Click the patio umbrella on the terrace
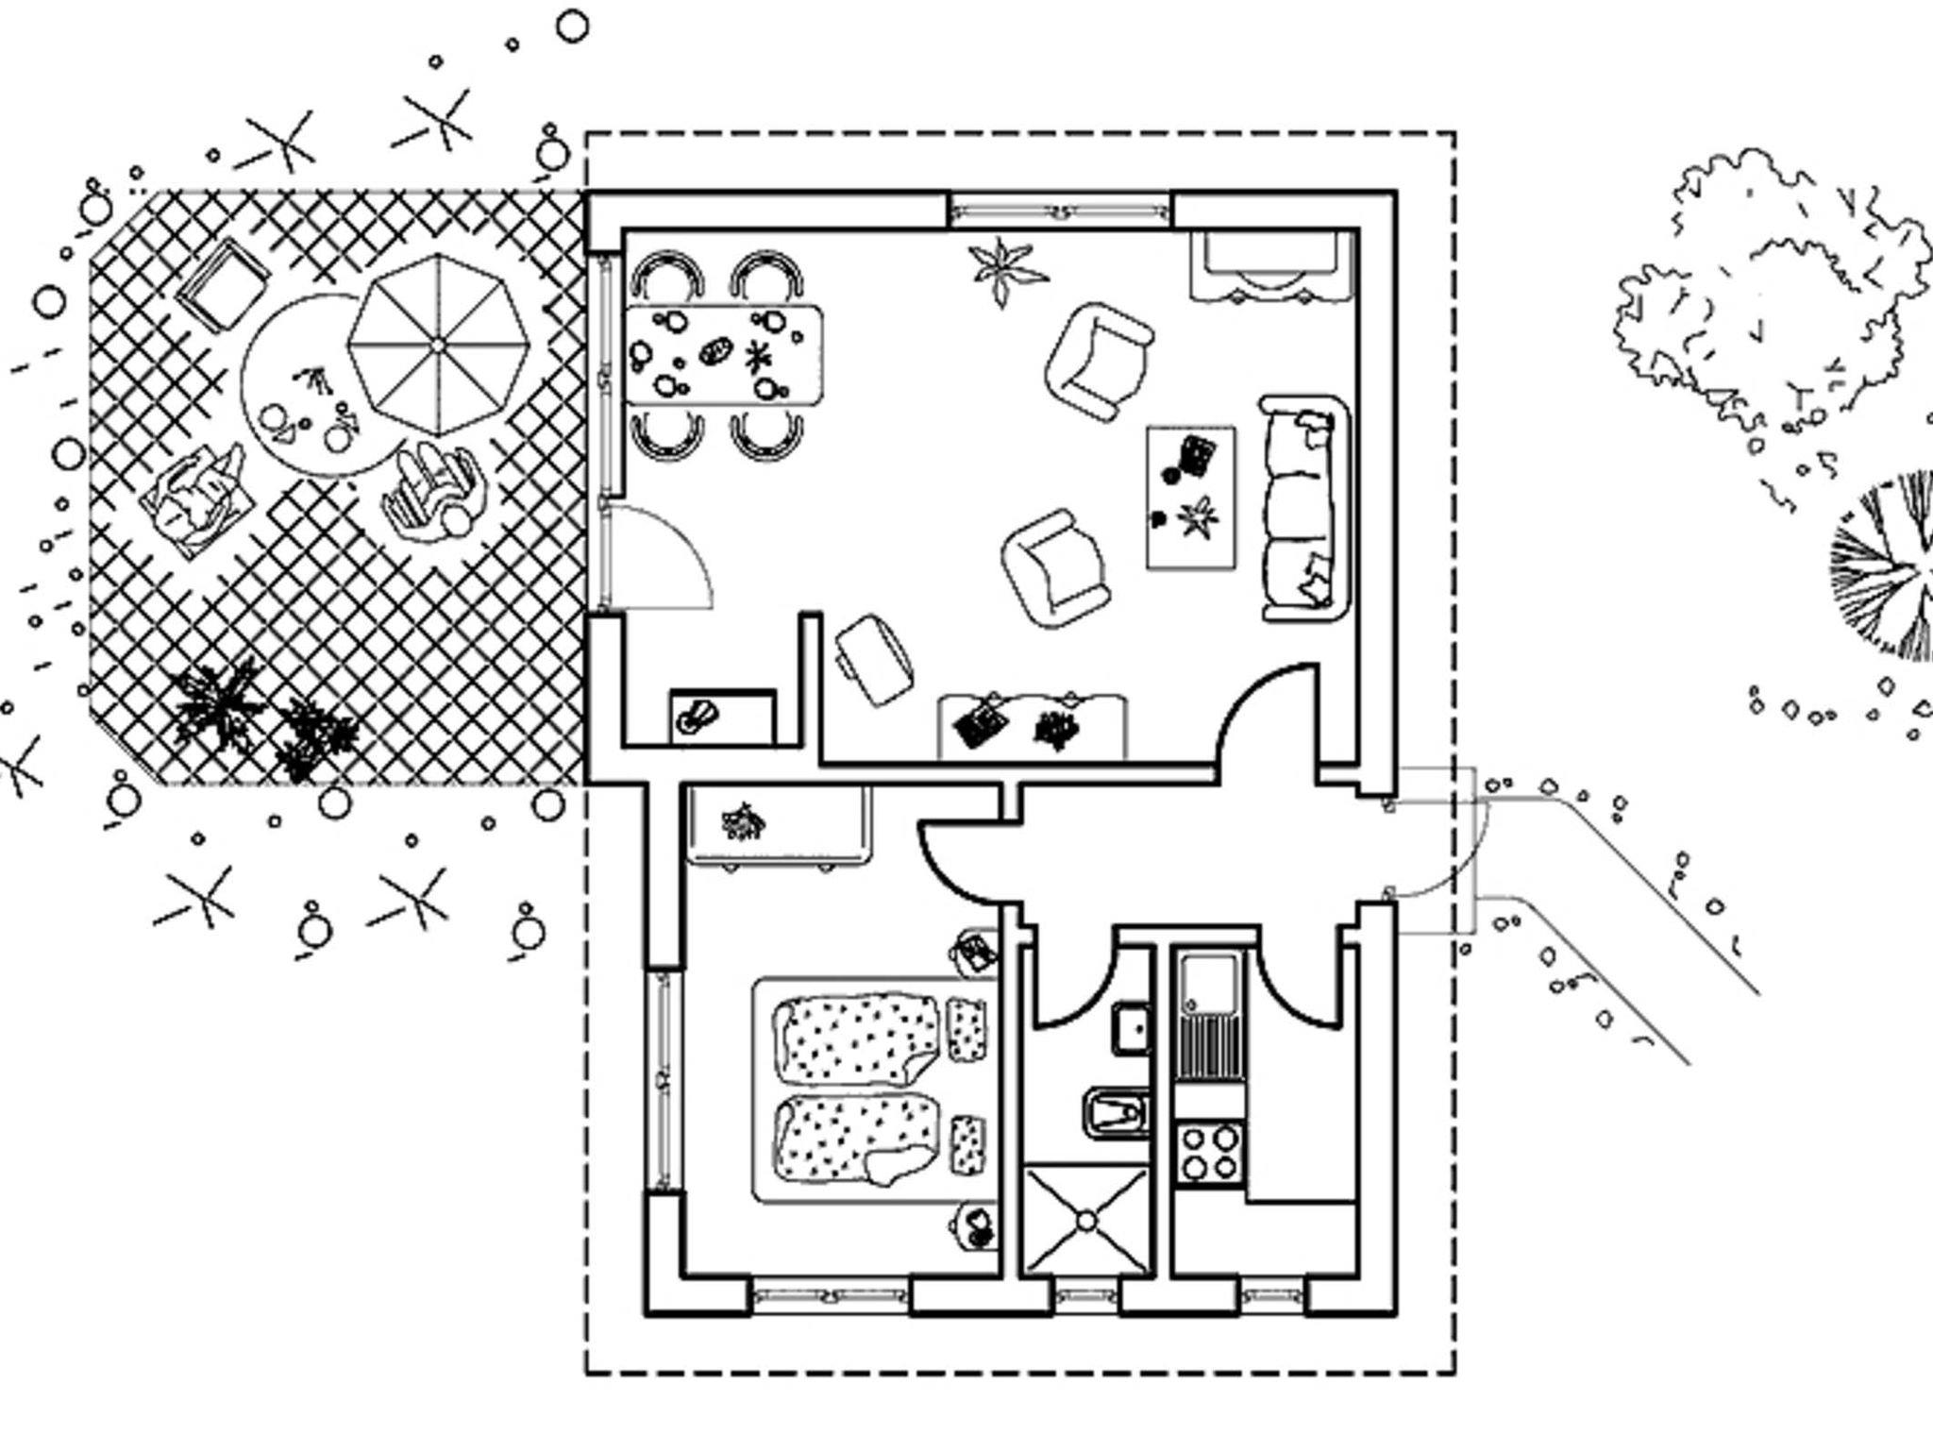point(437,346)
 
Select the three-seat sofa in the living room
point(1303,509)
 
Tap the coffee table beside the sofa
point(1191,498)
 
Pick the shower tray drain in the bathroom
point(1086,1222)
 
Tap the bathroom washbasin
point(1131,1028)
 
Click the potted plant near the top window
point(1006,267)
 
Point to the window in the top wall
point(1059,210)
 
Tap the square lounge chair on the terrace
point(224,282)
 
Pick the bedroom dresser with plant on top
point(777,822)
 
